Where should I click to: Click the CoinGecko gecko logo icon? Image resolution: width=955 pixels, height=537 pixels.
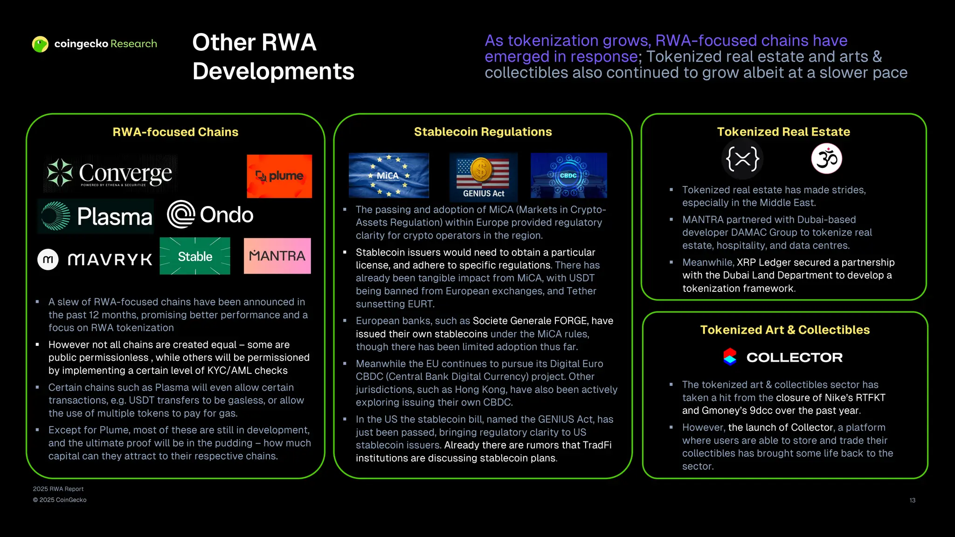[41, 44]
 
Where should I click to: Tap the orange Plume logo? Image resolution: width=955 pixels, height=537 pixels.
[279, 176]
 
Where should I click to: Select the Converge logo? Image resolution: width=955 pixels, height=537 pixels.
[110, 173]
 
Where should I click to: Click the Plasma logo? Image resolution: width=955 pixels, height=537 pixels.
[96, 216]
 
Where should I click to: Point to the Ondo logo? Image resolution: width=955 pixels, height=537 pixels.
[210, 214]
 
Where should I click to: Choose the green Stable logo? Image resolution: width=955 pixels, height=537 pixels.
[195, 256]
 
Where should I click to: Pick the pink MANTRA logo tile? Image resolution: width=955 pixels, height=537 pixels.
[277, 256]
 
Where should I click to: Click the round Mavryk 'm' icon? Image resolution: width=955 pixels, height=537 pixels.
[48, 260]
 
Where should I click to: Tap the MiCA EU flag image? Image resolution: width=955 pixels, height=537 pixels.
[388, 176]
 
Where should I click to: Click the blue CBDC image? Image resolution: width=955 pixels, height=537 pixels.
[568, 176]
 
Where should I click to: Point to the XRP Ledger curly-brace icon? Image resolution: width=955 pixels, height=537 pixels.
[742, 159]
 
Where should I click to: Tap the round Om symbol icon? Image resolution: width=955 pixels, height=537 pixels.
[826, 159]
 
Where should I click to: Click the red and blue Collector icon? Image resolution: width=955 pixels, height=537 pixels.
[730, 357]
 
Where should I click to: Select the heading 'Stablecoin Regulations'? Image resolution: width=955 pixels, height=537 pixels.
[483, 132]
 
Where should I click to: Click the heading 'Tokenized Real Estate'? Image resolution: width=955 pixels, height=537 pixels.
[783, 132]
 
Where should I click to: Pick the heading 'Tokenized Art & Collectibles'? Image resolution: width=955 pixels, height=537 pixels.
[785, 330]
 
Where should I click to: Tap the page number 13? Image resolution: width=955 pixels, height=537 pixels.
[912, 500]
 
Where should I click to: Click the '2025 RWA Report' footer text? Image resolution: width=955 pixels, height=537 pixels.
[58, 489]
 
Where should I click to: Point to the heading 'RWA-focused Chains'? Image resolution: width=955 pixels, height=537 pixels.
[175, 132]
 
